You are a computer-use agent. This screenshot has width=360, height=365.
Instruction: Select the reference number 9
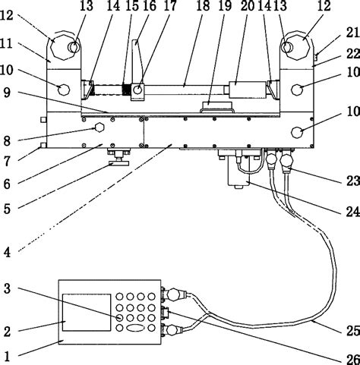[x=7, y=93]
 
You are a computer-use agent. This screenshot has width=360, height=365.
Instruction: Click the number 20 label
[x=248, y=6]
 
